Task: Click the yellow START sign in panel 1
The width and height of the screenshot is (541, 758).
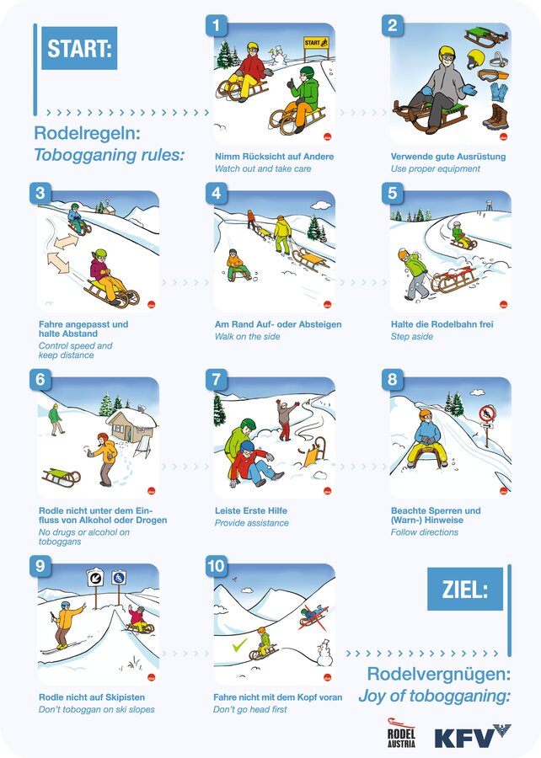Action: pyautogui.click(x=317, y=43)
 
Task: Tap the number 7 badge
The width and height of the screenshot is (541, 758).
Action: pyautogui.click(x=216, y=379)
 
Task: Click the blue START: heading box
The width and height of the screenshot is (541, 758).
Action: pyautogui.click(x=79, y=48)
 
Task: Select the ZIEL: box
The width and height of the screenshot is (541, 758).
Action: pyautogui.click(x=465, y=589)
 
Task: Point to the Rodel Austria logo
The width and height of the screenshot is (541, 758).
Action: pyautogui.click(x=401, y=733)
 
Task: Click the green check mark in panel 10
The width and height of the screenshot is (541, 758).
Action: pyautogui.click(x=240, y=645)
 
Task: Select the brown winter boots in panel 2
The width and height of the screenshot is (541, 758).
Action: pyautogui.click(x=496, y=117)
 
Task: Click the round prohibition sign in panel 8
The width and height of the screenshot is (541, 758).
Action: pyautogui.click(x=487, y=414)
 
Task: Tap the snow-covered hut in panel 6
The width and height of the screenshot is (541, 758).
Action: pyautogui.click(x=131, y=424)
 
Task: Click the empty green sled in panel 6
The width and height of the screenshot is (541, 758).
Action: pyautogui.click(x=61, y=476)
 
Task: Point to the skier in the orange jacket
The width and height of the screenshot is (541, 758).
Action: pyautogui.click(x=66, y=626)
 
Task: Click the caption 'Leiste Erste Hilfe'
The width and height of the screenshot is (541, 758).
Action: pyautogui.click(x=251, y=510)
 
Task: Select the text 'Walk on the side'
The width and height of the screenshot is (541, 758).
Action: pyautogui.click(x=248, y=336)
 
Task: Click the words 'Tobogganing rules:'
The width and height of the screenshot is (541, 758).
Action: pyautogui.click(x=110, y=155)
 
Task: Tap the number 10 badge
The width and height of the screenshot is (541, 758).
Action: pyautogui.click(x=216, y=566)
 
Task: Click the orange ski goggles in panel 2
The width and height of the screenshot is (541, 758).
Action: pyautogui.click(x=493, y=75)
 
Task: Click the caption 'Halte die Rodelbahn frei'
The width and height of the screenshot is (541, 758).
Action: pyautogui.click(x=442, y=324)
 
